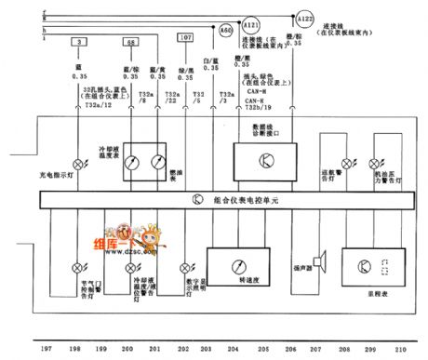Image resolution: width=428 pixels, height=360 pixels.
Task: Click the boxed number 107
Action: (186, 37)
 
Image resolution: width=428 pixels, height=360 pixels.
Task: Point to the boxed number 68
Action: (131, 44)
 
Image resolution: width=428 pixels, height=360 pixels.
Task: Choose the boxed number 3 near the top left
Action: (82, 44)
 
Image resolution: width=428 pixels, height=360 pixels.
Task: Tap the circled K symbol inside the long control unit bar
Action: (196, 200)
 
